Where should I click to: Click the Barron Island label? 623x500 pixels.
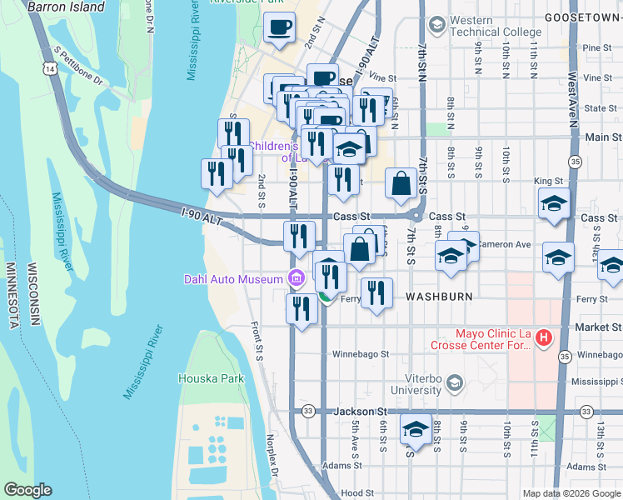66,7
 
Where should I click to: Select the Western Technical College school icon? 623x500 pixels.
435,26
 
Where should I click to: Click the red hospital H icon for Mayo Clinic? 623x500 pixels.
544,337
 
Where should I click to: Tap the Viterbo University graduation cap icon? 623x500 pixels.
454,382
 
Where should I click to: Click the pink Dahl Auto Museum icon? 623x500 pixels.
295,279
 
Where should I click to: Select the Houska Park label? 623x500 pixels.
211,378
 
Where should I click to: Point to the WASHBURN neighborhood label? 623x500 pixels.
439,297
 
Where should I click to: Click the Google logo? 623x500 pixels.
27,490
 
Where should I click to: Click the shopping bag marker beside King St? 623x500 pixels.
401,183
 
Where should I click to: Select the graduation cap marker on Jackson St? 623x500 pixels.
415,430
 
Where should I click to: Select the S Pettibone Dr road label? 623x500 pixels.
78,66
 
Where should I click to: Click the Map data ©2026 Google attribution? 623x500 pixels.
571,493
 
